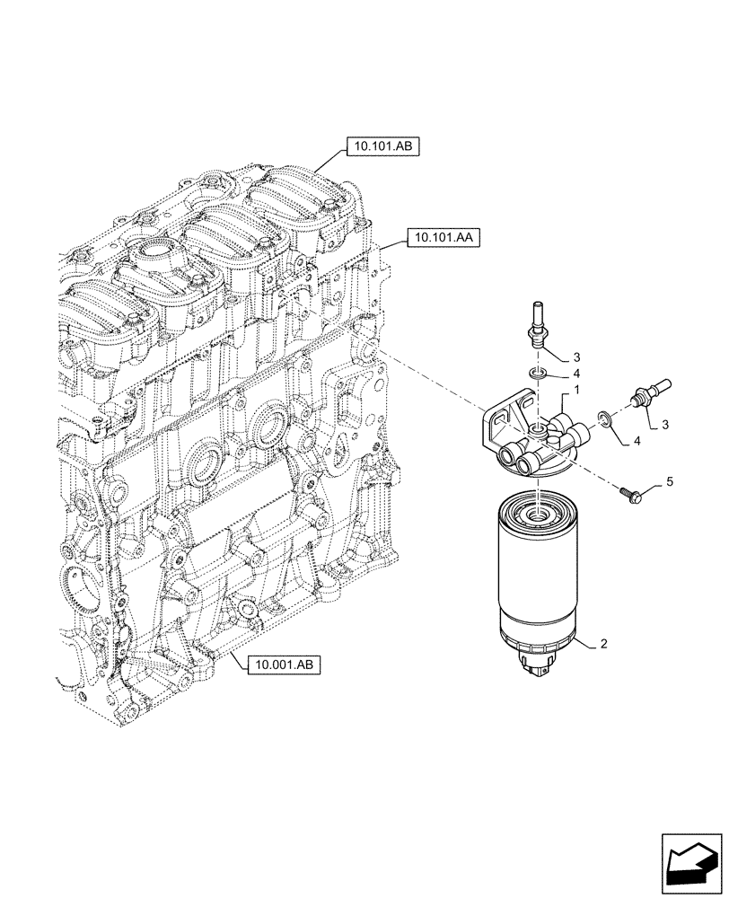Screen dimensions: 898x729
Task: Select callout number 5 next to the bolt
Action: [668, 482]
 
